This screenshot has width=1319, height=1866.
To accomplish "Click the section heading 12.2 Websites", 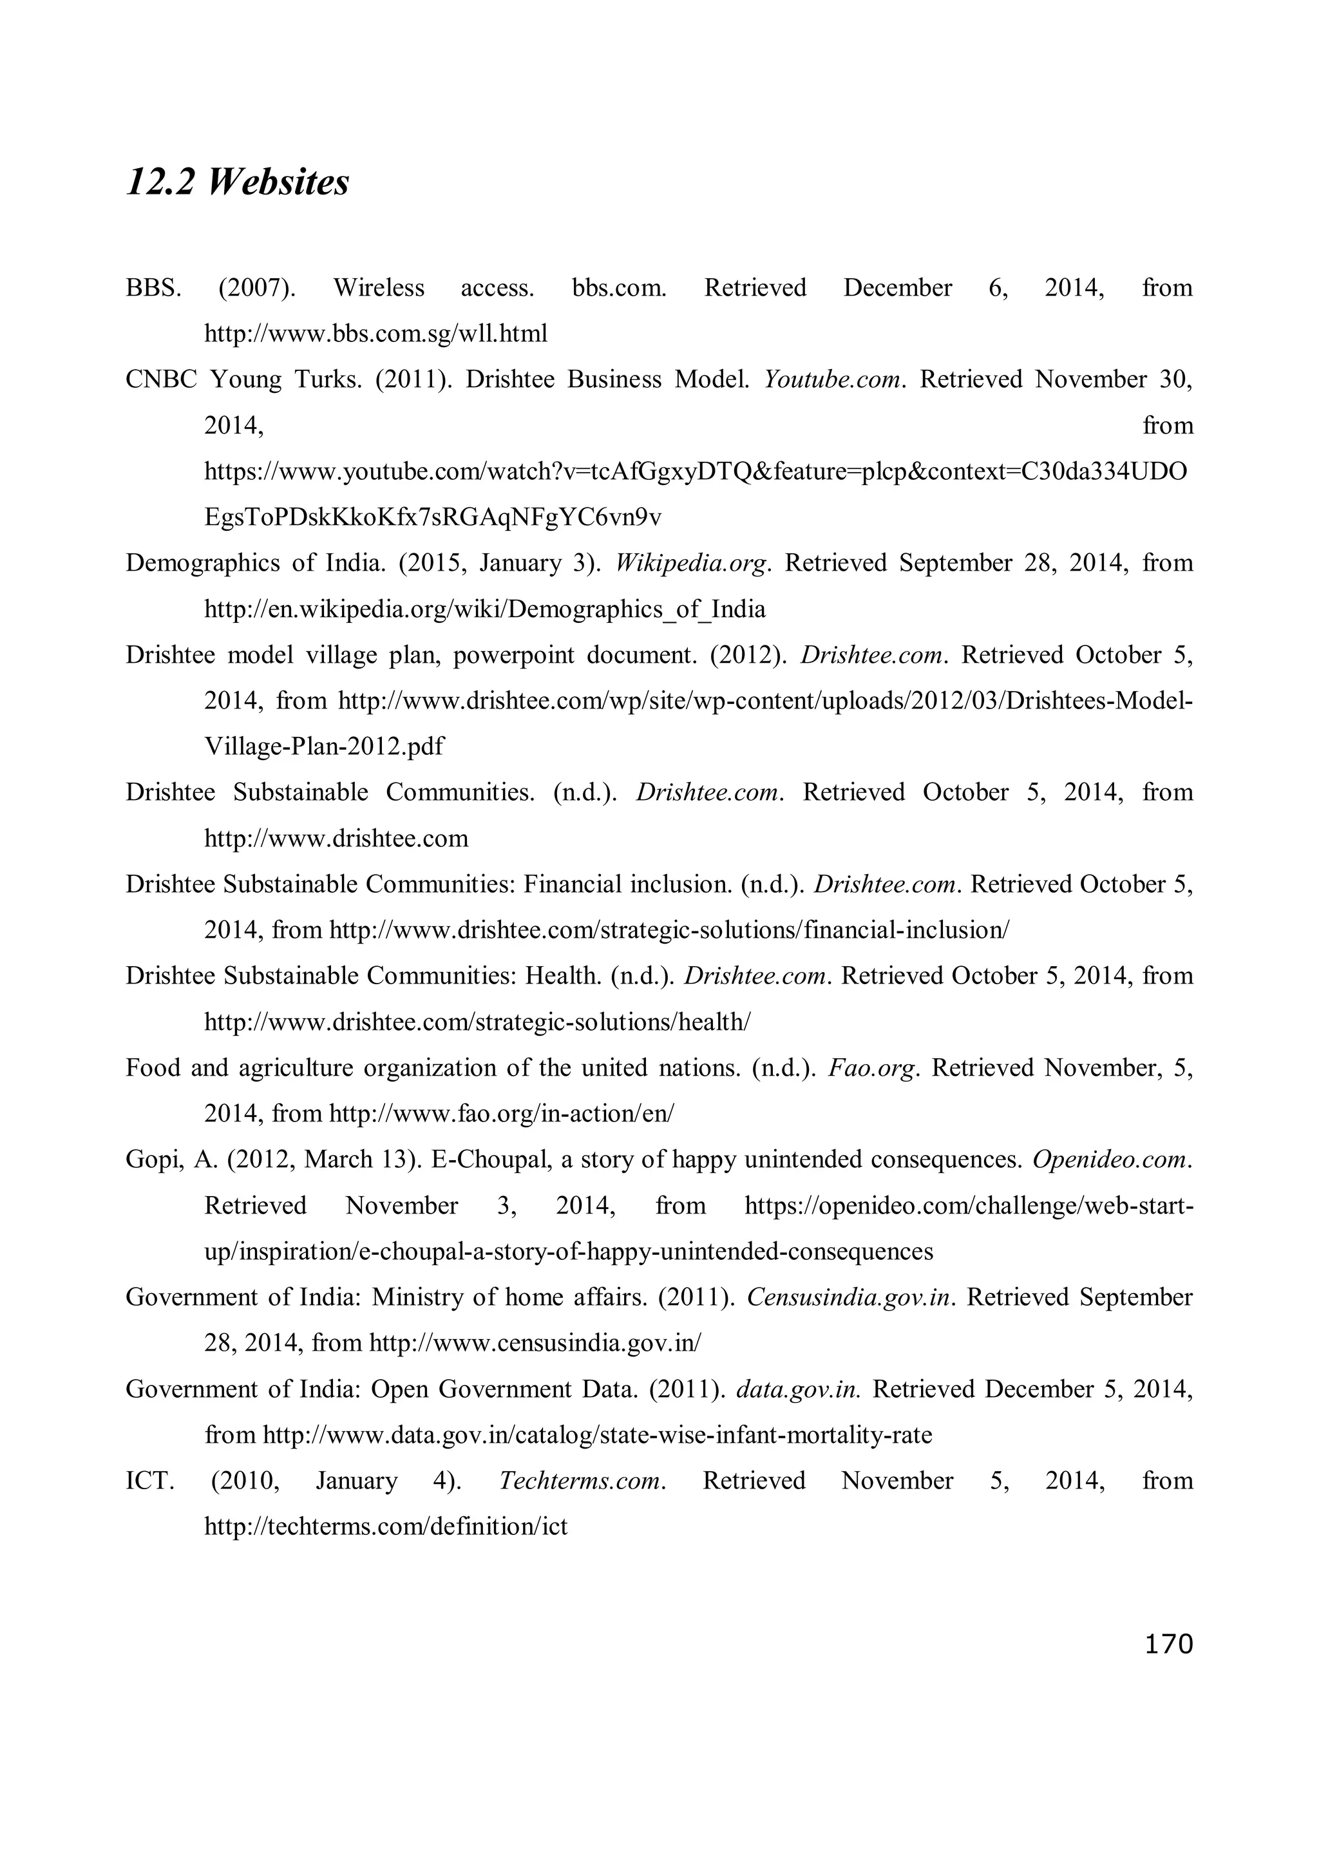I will coord(237,182).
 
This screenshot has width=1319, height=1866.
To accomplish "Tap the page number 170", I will coord(1168,1644).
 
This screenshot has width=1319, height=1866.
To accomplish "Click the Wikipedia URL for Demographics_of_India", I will coord(484,609).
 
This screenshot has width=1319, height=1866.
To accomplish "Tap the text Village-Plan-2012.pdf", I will coord(323,746).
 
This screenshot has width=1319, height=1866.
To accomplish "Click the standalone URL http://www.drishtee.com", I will coord(336,838).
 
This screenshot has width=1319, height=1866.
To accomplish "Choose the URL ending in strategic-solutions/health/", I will coord(477,1022).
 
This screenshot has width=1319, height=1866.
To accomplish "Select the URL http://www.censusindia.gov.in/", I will coord(534,1344).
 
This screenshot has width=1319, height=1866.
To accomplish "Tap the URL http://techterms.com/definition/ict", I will coord(385,1527).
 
